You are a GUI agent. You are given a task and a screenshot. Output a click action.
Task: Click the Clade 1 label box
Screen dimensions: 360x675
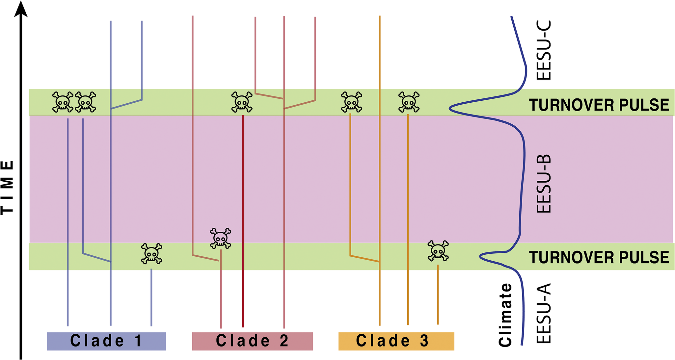pyautogui.click(x=106, y=341)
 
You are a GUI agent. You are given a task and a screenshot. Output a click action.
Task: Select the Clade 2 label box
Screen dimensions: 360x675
pyautogui.click(x=252, y=341)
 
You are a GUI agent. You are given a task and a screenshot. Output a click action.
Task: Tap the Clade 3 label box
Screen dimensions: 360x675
pyautogui.click(x=396, y=341)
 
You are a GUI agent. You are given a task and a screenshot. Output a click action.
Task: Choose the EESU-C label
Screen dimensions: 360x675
pyautogui.click(x=544, y=50)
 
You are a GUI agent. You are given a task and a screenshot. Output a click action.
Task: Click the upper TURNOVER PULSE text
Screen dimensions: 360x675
pyautogui.click(x=599, y=105)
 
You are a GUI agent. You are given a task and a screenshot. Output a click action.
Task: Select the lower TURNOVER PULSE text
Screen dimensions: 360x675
pyautogui.click(x=599, y=257)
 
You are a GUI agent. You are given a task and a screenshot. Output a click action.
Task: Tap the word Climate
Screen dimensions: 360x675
pyautogui.click(x=505, y=315)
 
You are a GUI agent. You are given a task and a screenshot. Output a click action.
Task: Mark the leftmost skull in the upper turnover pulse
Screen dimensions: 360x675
pyautogui.click(x=63, y=102)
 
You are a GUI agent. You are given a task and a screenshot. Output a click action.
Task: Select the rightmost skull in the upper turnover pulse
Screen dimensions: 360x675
pyautogui.click(x=409, y=102)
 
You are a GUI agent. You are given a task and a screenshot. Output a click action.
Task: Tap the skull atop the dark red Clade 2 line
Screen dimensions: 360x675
pyautogui.click(x=242, y=102)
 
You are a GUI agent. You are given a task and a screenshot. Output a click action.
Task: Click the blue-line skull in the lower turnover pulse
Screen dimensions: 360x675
pyautogui.click(x=151, y=254)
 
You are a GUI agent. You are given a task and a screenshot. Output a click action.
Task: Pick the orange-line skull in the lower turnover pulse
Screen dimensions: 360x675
pyautogui.click(x=438, y=251)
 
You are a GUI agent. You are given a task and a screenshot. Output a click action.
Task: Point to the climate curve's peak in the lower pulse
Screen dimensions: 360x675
pyautogui.click(x=480, y=256)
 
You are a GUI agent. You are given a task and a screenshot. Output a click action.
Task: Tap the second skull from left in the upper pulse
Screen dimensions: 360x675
pyautogui.click(x=85, y=102)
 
